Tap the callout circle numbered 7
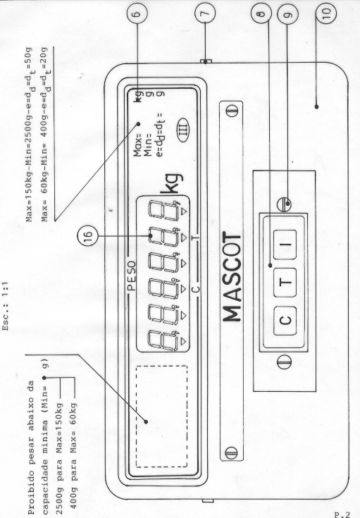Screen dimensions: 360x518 [x=205, y=13]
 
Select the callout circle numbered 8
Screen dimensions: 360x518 [x=261, y=13]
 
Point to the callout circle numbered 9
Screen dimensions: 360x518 [x=287, y=13]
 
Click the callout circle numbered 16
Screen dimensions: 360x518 [x=87, y=236]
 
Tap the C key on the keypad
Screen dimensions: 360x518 [x=285, y=321]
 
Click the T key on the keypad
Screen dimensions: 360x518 [x=285, y=282]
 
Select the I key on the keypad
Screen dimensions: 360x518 [x=285, y=244]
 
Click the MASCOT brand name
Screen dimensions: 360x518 [x=232, y=276]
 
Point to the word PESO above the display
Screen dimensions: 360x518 [x=131, y=276]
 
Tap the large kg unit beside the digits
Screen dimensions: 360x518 [x=172, y=184]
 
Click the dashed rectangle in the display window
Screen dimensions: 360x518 [x=161, y=417]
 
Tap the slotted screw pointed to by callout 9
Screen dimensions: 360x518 [x=285, y=204]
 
